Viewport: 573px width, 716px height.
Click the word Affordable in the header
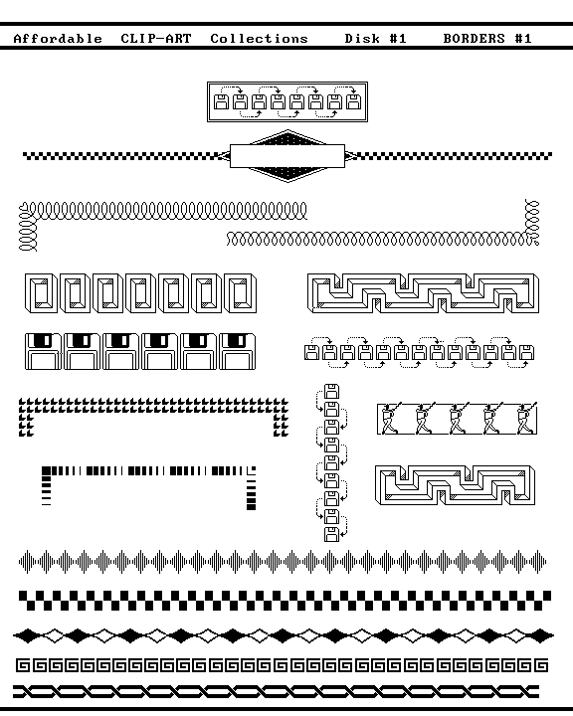click(58, 39)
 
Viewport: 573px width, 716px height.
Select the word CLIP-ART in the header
click(156, 39)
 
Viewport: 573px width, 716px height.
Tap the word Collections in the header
click(259, 39)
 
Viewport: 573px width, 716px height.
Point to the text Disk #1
click(376, 39)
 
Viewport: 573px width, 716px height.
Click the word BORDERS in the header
click(474, 39)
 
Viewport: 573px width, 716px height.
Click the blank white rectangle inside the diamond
click(286, 156)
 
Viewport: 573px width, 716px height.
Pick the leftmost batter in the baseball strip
click(389, 419)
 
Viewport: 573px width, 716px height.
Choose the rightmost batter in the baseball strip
click(525, 419)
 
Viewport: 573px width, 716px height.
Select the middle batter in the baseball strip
click(458, 419)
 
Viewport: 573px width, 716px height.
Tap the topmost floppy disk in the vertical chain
click(331, 392)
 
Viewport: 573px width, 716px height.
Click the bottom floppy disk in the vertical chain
click(331, 534)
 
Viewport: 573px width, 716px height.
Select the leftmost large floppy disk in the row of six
click(43, 351)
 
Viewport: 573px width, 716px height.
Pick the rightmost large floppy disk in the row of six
click(237, 351)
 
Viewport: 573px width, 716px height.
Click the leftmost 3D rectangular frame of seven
click(41, 293)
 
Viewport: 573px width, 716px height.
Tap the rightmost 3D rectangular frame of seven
click(241, 293)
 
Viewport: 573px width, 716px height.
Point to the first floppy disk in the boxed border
click(221, 101)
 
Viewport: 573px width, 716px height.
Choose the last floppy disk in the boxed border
click(353, 101)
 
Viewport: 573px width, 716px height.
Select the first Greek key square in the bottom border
click(23, 665)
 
